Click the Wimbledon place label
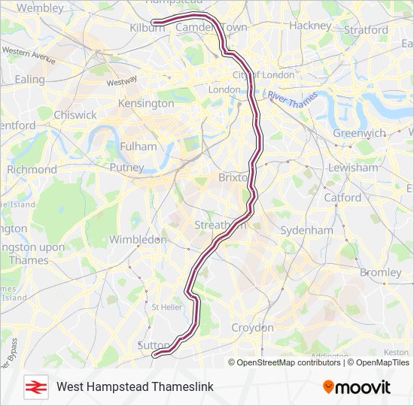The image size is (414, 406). click(x=138, y=239)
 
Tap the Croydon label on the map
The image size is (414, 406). click(x=252, y=328)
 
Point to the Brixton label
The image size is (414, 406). click(x=233, y=177)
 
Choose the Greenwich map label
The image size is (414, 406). click(x=359, y=133)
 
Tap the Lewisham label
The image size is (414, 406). click(x=352, y=168)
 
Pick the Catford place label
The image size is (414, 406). click(x=342, y=198)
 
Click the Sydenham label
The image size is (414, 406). click(x=306, y=229)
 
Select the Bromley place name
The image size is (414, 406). click(x=380, y=271)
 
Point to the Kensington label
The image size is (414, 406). click(x=146, y=102)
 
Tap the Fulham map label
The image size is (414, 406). click(x=139, y=147)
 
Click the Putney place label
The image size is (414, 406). click(x=126, y=167)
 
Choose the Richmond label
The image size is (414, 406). click(x=32, y=170)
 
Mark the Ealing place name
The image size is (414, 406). click(x=30, y=79)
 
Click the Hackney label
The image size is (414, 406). click(x=309, y=25)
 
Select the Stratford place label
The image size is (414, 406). click(x=366, y=30)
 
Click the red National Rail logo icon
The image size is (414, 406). click(x=33, y=386)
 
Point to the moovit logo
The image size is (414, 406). click(x=357, y=386)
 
